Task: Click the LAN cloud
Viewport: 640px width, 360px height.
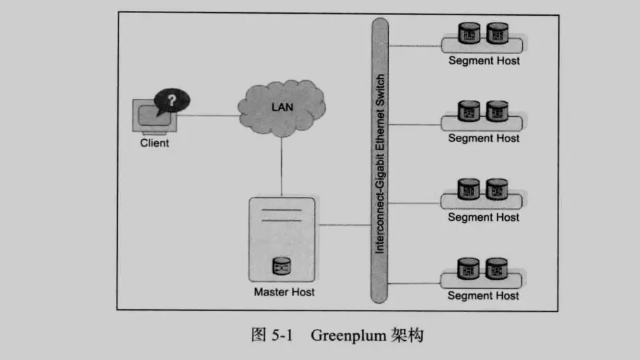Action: point(282,108)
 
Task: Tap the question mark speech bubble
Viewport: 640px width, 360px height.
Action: point(171,101)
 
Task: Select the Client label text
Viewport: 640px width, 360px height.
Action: point(154,143)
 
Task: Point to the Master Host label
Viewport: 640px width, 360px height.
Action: point(284,292)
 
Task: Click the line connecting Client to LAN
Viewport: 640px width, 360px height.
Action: point(209,115)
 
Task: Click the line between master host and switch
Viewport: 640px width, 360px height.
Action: point(344,224)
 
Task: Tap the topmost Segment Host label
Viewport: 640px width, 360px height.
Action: point(484,60)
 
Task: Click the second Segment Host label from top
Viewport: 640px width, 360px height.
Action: point(484,139)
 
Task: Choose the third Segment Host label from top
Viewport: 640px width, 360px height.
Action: point(484,217)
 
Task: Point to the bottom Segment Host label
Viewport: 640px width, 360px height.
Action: point(484,296)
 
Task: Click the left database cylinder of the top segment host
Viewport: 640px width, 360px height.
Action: point(470,32)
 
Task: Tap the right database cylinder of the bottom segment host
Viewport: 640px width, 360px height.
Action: point(497,267)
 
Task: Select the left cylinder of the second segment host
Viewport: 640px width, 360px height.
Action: point(470,110)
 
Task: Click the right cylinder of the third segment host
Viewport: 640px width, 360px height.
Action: point(497,189)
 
